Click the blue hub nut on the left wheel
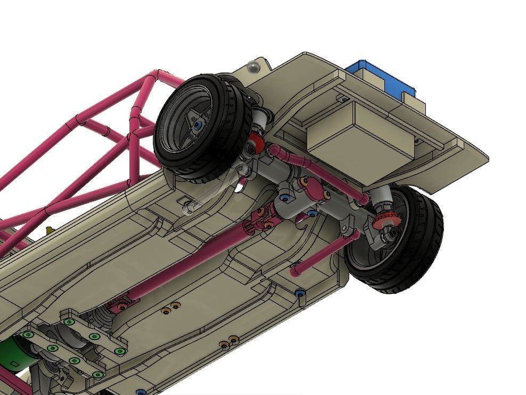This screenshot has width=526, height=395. point(198,125)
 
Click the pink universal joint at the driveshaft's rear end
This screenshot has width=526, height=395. point(259,218)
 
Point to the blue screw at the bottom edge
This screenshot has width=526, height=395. point(141,392)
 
